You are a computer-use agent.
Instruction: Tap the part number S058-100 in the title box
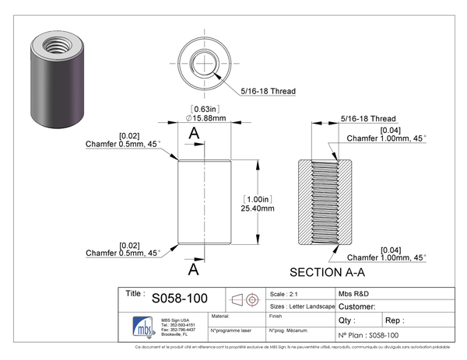[179, 299]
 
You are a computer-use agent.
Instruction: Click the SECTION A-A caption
[328, 273]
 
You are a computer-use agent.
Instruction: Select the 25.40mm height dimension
[258, 208]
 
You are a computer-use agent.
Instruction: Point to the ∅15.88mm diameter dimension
[205, 119]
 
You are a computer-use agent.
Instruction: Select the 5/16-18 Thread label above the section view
[369, 119]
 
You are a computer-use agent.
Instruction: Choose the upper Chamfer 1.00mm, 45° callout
[386, 138]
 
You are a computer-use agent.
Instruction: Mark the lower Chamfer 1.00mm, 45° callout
[386, 257]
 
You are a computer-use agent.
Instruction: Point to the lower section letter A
[194, 270]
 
